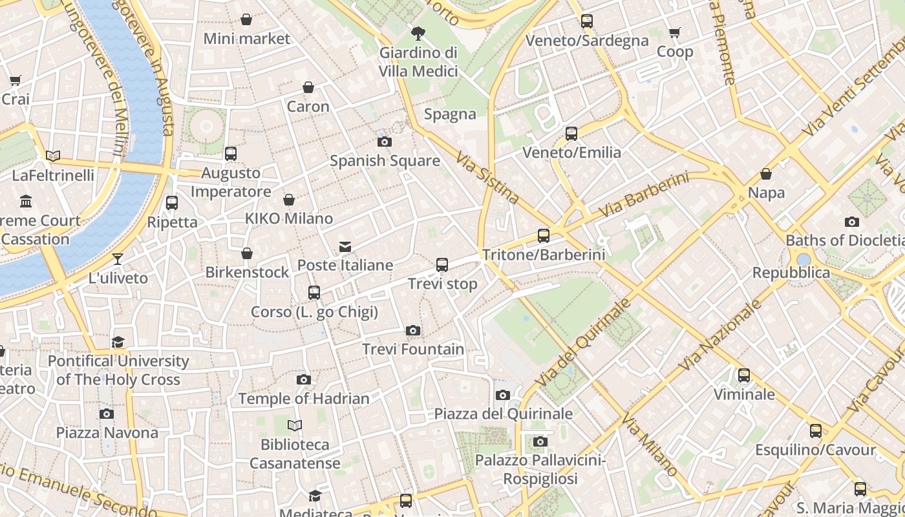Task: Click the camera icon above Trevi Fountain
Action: [413, 331]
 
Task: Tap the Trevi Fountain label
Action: [413, 350]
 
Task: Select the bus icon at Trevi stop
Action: [442, 265]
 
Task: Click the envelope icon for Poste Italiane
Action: [345, 246]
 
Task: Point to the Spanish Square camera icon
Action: [385, 142]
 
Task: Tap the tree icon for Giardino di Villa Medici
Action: [418, 33]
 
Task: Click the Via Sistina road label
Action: [487, 177]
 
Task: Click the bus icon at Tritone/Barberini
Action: [544, 236]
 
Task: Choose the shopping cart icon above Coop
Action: [675, 33]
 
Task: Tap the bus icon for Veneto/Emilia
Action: [571, 134]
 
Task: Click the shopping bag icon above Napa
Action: [766, 174]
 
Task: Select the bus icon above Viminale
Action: [744, 375]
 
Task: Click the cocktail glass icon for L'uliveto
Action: [118, 259]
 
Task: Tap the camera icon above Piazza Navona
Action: [107, 414]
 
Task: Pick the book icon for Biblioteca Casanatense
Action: [295, 425]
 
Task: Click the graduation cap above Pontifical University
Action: [118, 342]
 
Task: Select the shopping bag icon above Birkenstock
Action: [247, 253]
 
